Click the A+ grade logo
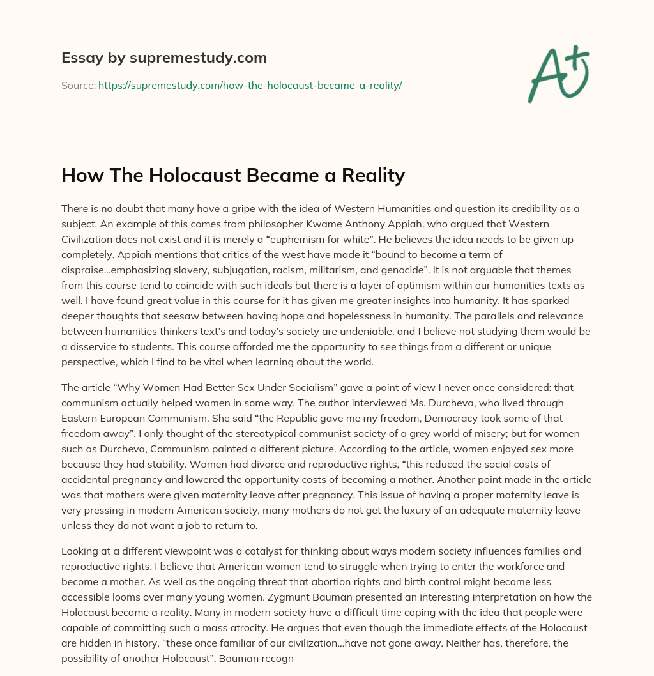pyautogui.click(x=558, y=74)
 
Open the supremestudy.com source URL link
pyautogui.click(x=250, y=85)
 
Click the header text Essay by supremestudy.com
pyautogui.click(x=163, y=58)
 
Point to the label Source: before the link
pyautogui.click(x=78, y=85)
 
